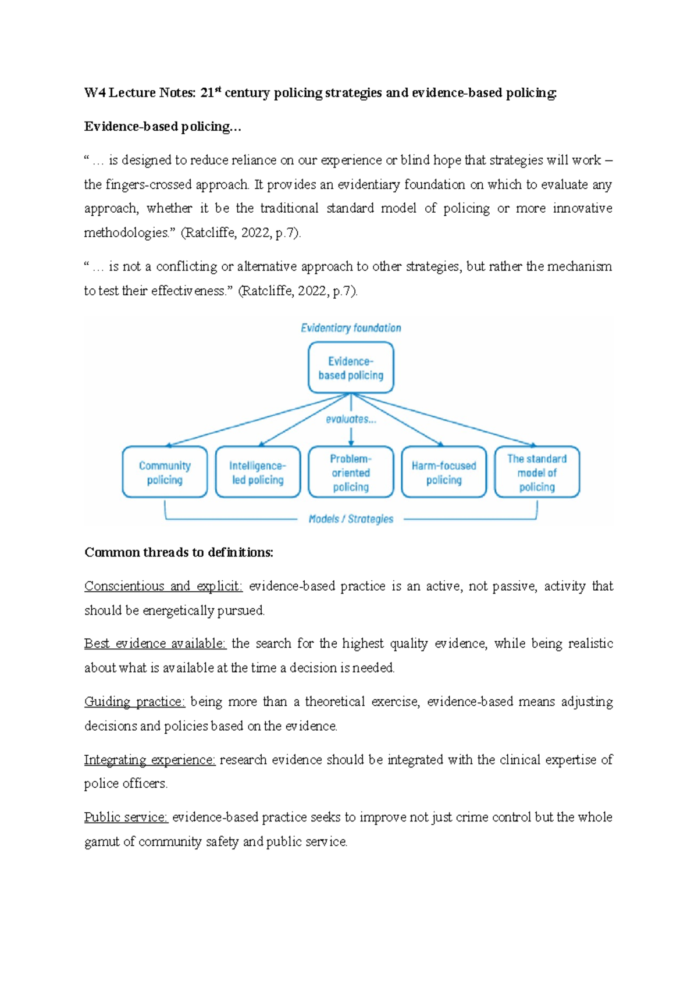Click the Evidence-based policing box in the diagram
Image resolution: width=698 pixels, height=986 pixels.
click(x=351, y=367)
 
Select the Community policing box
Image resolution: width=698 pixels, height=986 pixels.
click(x=165, y=472)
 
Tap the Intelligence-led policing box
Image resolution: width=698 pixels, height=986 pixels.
click(x=258, y=472)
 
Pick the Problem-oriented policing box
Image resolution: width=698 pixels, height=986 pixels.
click(x=351, y=472)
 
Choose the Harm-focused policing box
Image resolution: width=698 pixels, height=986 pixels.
click(x=444, y=472)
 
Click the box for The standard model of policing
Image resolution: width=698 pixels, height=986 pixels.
click(x=537, y=472)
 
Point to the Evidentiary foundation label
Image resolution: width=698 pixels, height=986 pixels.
click(x=351, y=328)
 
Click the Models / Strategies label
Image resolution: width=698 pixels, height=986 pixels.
click(x=351, y=519)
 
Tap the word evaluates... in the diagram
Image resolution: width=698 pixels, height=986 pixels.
click(x=351, y=419)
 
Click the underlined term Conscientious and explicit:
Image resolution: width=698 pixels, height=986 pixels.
click(x=163, y=586)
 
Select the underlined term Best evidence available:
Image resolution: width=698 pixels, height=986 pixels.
click(x=155, y=644)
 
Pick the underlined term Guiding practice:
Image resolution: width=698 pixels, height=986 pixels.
click(x=135, y=702)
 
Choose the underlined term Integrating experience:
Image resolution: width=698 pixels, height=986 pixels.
click(x=150, y=760)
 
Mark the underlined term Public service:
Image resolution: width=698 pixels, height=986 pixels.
click(x=126, y=817)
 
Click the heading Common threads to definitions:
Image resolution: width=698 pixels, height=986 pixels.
click(x=179, y=552)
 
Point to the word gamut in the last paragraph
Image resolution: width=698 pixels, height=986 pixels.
click(x=102, y=842)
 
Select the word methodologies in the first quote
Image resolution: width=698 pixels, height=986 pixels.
click(x=130, y=233)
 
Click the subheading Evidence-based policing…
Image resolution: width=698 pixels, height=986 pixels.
click(x=162, y=127)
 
